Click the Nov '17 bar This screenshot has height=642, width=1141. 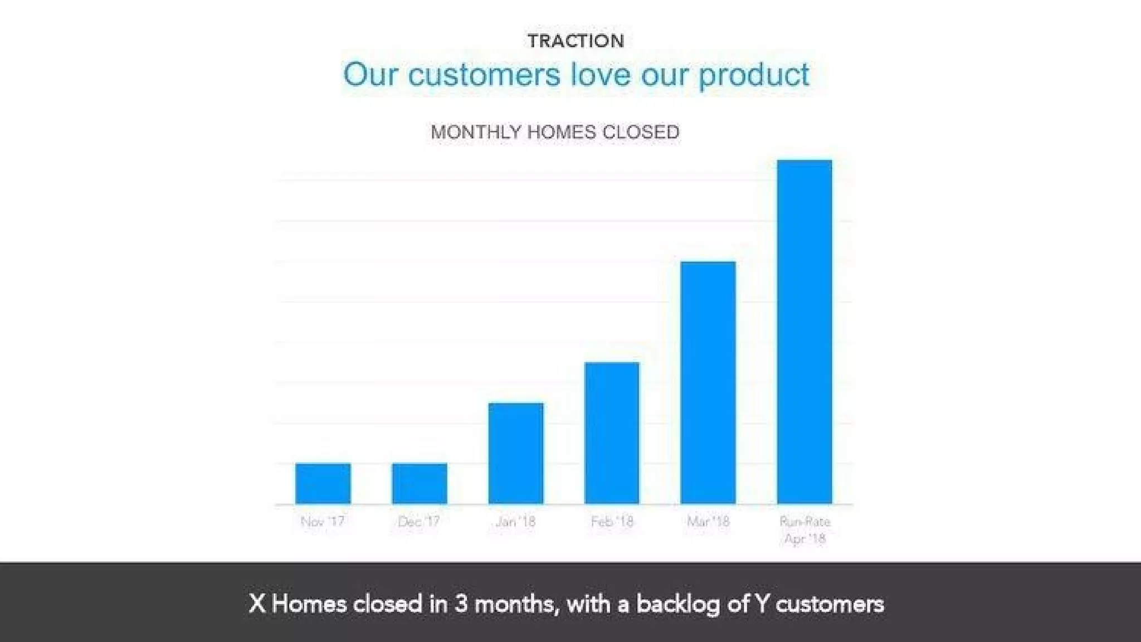pos(323,483)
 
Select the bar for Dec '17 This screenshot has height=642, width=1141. pos(419,483)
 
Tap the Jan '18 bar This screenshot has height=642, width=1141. pos(515,453)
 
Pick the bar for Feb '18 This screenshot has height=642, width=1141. pos(612,433)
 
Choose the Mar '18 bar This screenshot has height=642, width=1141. pos(708,382)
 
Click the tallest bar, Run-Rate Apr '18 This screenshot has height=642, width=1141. pos(804,332)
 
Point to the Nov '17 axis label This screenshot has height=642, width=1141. pos(323,522)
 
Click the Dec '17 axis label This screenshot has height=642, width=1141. pos(419,522)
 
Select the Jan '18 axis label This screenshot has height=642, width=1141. pos(515,522)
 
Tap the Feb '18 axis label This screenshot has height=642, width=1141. pos(612,522)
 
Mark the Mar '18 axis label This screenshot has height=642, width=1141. pos(708,522)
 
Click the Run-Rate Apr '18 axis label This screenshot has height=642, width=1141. pos(804,530)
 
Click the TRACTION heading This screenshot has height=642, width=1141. pos(576,41)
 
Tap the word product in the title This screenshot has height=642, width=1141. pos(754,75)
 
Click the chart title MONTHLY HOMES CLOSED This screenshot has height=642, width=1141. pos(555,132)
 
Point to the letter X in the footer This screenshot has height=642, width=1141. pos(257,604)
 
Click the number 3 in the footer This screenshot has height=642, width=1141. pos(461,604)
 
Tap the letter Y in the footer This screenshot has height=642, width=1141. pos(761,604)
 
